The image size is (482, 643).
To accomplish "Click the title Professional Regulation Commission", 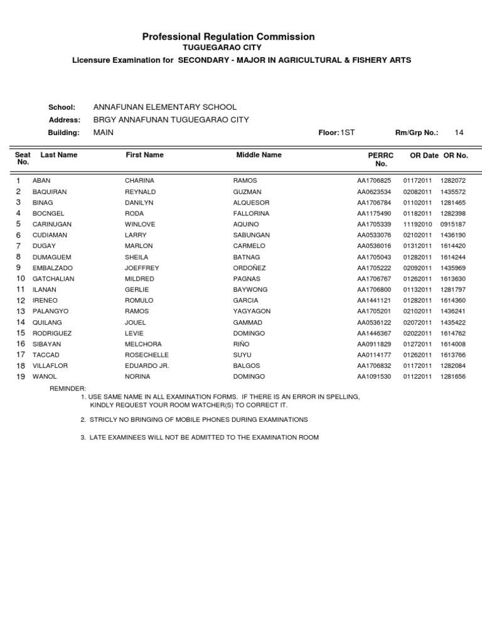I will coord(228,37).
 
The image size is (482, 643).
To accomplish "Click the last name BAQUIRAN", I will coord(50,192).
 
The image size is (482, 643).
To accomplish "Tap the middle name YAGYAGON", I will coord(252,311).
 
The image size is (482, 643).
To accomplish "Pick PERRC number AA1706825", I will coord(374,181).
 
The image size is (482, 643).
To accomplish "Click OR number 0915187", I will coord(453,224).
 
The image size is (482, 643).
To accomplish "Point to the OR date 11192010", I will coord(417,224).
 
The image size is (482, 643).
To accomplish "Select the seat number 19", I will coord(20,377).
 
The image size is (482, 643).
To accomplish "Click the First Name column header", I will coord(144,154).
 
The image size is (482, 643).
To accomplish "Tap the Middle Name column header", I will coord(259,154).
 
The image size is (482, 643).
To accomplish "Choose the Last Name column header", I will coord(59,154).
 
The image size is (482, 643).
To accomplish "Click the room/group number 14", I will coord(459,132).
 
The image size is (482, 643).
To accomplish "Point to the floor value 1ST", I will coord(347,132).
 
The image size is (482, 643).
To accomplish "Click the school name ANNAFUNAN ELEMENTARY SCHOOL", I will coord(165,107).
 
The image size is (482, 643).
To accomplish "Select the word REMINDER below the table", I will coord(68,389).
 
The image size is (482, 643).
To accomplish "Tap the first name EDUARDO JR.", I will coord(147,365).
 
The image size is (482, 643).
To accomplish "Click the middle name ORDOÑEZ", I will coord(250,268).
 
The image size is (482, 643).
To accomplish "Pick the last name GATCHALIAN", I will coord(53,279).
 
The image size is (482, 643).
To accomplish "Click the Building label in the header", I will coord(64,132).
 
